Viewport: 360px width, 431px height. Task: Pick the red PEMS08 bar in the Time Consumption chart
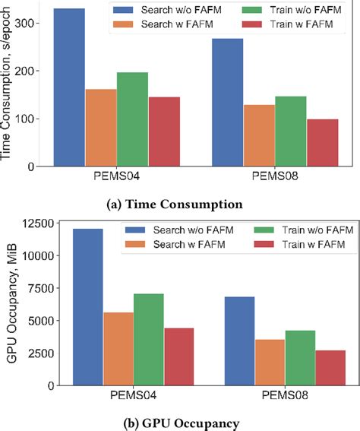pyautogui.click(x=322, y=142)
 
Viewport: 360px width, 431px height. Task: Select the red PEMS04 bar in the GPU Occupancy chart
pyautogui.click(x=179, y=357)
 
